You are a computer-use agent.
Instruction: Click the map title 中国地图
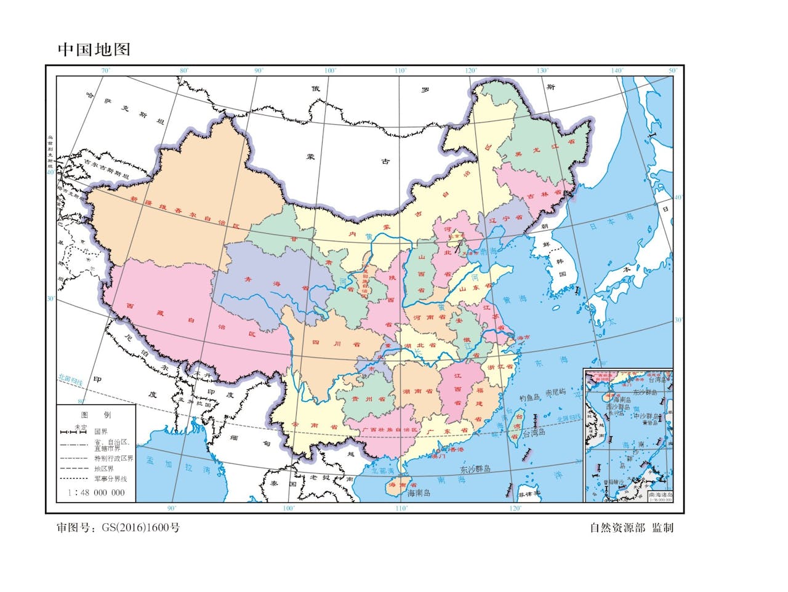click(x=94, y=49)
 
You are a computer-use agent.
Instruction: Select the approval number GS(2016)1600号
click(x=118, y=527)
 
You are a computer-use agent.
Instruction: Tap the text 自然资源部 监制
click(x=631, y=527)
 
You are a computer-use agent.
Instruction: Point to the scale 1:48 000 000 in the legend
click(x=96, y=492)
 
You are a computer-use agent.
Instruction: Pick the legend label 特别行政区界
click(x=113, y=458)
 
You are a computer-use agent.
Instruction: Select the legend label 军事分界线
click(x=110, y=478)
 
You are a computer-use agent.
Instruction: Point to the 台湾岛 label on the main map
click(x=534, y=433)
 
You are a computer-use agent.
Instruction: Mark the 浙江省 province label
click(x=499, y=367)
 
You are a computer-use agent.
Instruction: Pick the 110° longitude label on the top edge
click(x=401, y=71)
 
